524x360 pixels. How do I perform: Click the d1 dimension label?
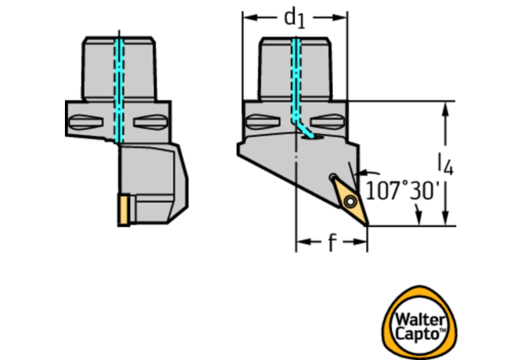coord(294,18)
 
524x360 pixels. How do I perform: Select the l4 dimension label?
coord(446,165)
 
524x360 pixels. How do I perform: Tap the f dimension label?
coord(331,242)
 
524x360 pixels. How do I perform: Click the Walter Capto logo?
coord(420,322)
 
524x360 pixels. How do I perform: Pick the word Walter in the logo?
coord(420,319)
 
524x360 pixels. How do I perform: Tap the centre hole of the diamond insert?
coord(350,202)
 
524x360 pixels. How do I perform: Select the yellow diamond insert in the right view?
coord(350,200)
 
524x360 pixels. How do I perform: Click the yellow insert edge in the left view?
coord(124,210)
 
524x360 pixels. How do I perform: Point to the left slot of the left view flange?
coord(85,122)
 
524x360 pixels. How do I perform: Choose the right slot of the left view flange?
coord(150,122)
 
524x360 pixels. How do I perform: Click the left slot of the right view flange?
coord(263,121)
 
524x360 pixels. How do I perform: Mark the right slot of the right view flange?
coord(327,121)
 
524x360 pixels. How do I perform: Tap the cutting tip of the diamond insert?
coord(368,225)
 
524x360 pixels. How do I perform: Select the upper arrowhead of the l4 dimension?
coord(445,110)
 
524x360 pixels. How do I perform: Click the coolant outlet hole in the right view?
coord(313,137)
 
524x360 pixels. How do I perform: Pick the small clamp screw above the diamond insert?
coord(333,177)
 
